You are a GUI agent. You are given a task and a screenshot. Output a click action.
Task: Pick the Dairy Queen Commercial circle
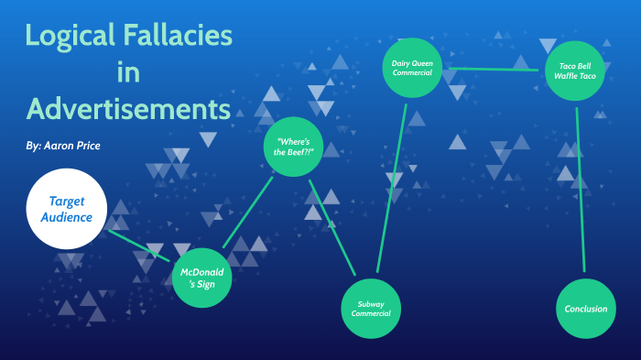point(411,68)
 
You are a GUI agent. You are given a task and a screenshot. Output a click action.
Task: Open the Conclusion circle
point(585,309)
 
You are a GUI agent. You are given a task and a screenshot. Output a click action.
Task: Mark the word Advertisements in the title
point(127,109)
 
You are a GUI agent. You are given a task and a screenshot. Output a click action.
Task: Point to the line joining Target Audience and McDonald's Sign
point(139,245)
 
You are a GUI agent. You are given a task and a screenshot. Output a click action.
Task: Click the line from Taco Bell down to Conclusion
point(580,192)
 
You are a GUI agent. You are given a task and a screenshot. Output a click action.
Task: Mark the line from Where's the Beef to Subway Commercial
point(331,228)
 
